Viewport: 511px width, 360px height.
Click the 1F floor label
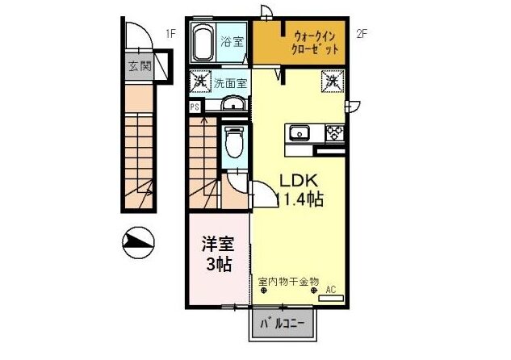pos(170,33)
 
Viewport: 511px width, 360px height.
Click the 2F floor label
pos(362,33)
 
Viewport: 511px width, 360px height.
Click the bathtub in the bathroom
pos(202,43)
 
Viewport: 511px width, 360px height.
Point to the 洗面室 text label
pos(230,82)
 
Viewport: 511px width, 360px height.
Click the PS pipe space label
pos(195,106)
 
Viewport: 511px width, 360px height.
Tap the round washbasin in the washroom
pos(231,103)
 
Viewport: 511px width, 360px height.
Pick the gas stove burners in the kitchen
pos(333,132)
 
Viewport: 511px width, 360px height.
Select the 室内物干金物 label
pos(288,282)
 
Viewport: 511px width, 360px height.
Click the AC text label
pos(330,288)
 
